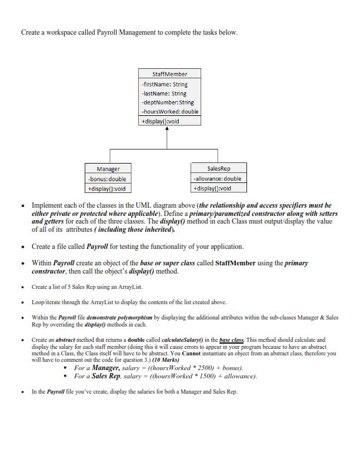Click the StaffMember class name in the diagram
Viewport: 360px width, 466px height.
pyautogui.click(x=169, y=74)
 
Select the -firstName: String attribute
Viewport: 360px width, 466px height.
pyautogui.click(x=164, y=84)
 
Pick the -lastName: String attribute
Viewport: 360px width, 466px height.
pyautogui.click(x=164, y=93)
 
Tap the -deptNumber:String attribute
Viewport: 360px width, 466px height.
pyautogui.click(x=167, y=102)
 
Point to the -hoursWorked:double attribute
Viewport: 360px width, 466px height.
pyautogui.click(x=169, y=111)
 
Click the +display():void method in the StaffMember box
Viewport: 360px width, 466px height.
pyautogui.click(x=160, y=121)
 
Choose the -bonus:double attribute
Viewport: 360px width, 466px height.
pyautogui.click(x=106, y=179)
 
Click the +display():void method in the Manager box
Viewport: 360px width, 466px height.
pyautogui.click(x=106, y=189)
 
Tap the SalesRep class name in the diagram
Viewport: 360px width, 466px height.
pyautogui.click(x=218, y=168)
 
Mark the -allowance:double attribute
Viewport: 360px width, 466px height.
pyautogui.click(x=216, y=178)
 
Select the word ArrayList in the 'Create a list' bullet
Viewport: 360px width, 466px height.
pyautogui.click(x=131, y=287)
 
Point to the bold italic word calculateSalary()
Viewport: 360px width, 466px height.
pyautogui.click(x=177, y=339)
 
